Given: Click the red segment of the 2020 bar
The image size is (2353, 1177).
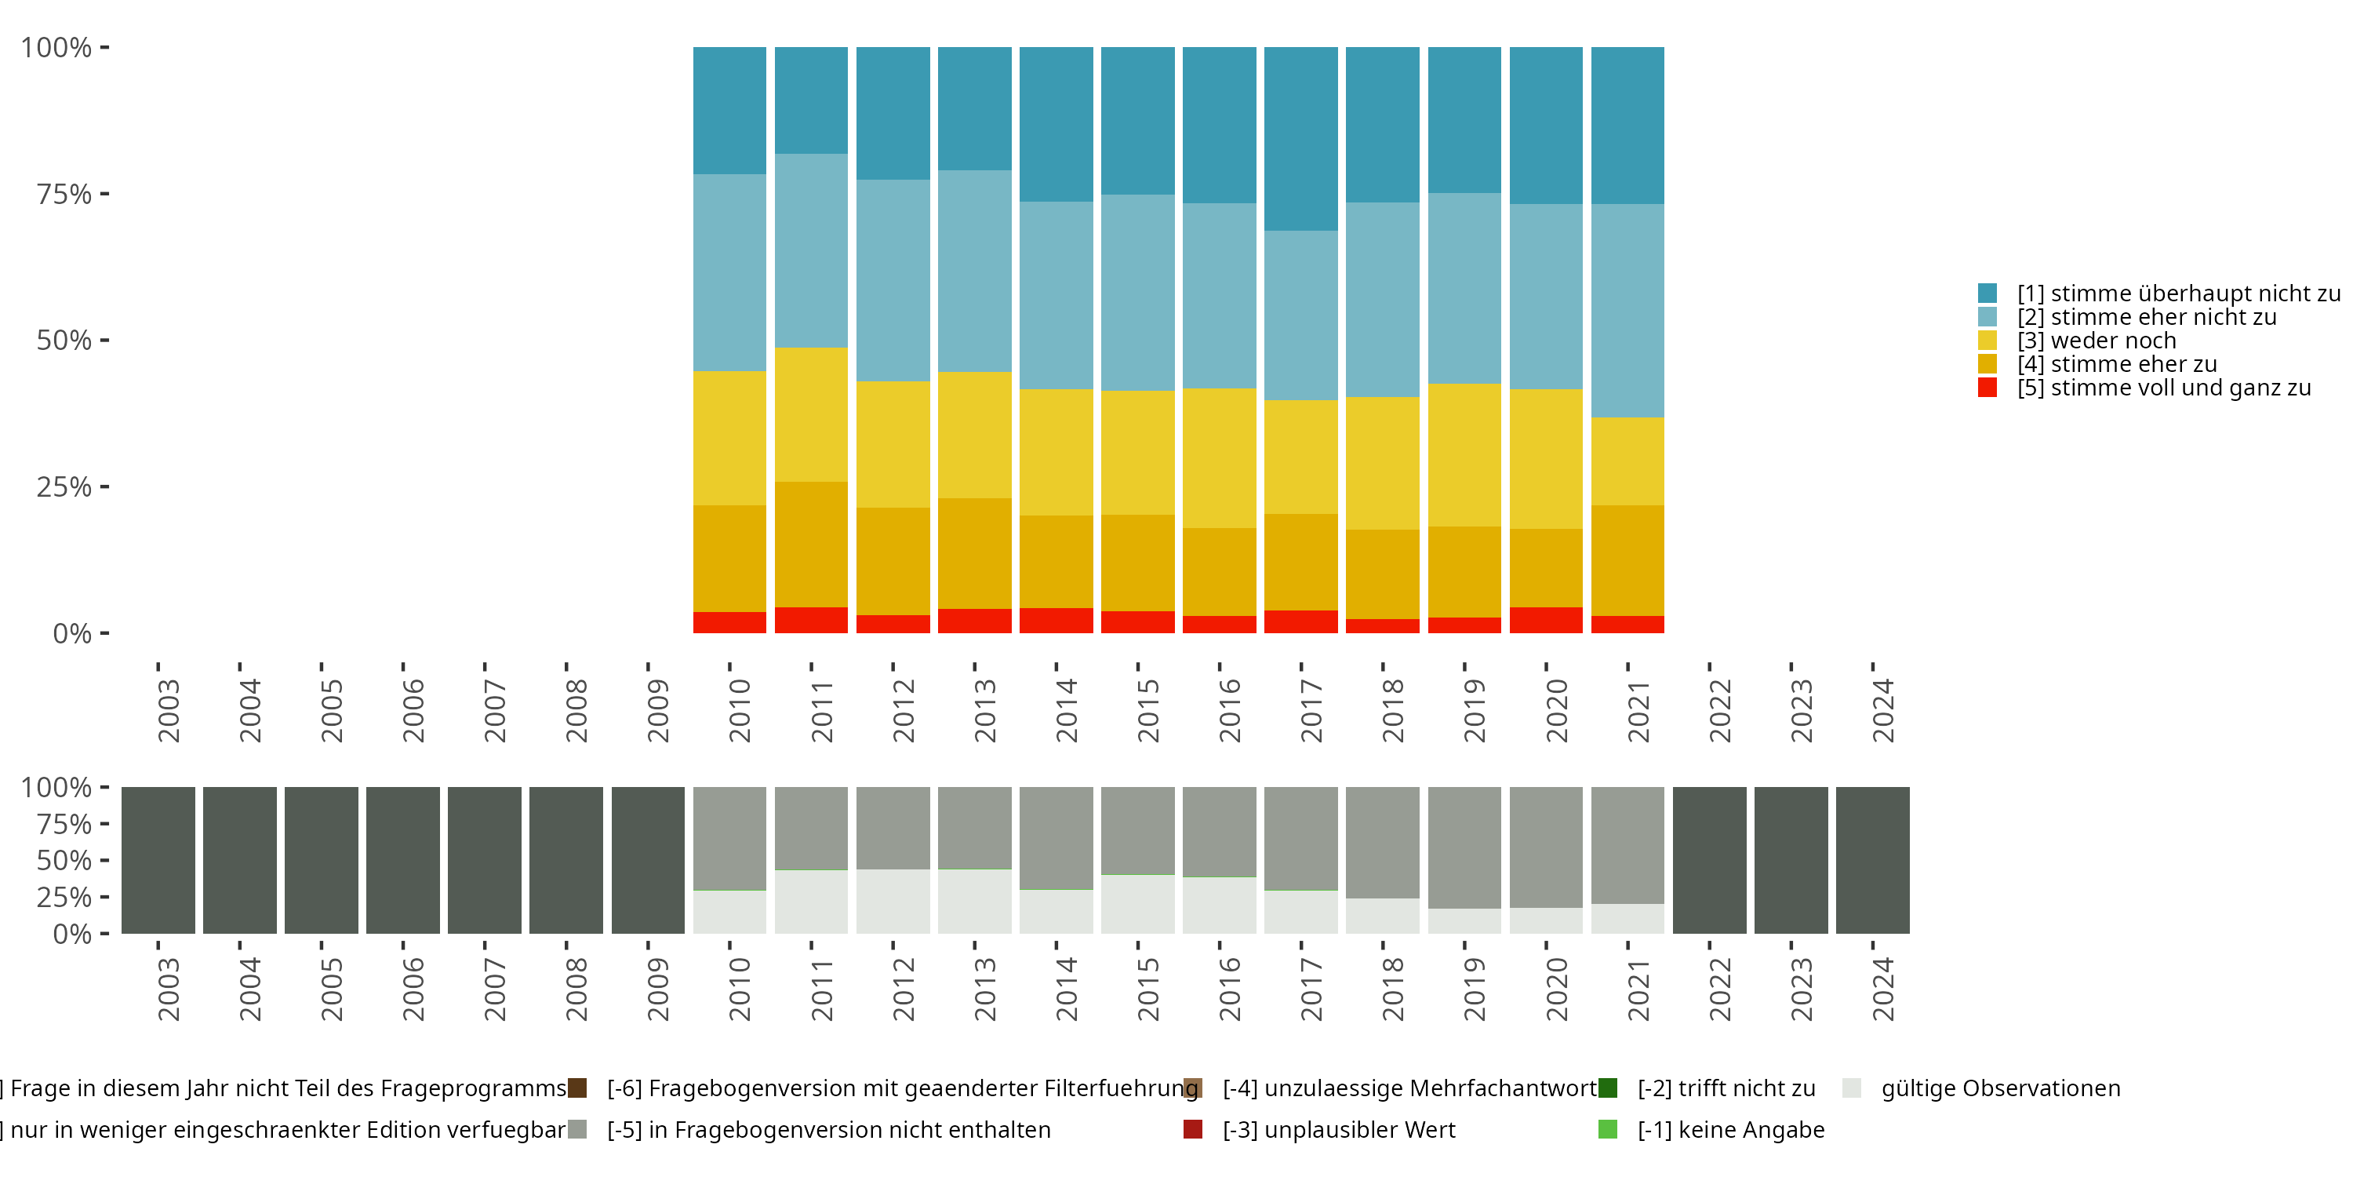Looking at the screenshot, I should [1545, 620].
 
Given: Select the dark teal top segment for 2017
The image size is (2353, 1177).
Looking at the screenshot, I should [1300, 138].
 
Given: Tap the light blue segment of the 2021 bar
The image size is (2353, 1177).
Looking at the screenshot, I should [1627, 310].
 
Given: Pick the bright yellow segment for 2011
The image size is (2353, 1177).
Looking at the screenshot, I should [810, 414].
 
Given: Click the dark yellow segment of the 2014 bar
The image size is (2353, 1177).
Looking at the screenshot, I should [1056, 561].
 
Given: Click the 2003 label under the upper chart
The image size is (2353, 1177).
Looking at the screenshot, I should [168, 710].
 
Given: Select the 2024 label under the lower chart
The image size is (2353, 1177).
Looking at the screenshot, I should [1882, 989].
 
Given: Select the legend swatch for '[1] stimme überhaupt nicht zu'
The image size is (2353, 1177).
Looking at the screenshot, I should [1988, 293].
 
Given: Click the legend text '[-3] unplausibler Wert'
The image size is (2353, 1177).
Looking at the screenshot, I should [1338, 1129].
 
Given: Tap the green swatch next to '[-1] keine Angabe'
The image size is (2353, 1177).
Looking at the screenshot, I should [1608, 1129].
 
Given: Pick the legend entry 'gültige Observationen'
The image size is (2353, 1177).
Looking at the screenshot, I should [1999, 1088].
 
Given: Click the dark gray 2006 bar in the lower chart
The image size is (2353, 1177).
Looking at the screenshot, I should [403, 860].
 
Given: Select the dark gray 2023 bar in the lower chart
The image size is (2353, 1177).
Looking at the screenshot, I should [1791, 860].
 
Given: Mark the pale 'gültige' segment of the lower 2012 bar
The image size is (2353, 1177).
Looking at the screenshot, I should [893, 901].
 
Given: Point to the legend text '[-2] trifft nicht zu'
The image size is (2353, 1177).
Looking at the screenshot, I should [1726, 1088].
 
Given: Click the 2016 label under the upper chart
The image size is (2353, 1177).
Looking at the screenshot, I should [1230, 710].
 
